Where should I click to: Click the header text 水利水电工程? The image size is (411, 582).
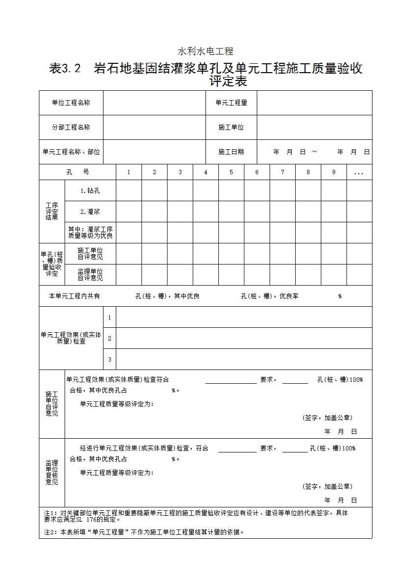tap(205, 51)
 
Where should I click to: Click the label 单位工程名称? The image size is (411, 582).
tap(71, 103)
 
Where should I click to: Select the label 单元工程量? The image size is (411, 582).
tap(231, 103)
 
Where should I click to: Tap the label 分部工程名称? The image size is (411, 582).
tap(71, 127)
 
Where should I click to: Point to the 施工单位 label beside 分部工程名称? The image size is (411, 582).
tap(231, 127)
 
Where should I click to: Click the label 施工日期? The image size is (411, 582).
tap(231, 152)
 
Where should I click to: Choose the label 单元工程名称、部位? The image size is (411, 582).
tap(71, 152)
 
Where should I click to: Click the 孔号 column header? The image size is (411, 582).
tap(77, 172)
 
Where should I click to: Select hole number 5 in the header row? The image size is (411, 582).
tap(231, 172)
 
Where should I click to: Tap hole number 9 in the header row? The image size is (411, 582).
tap(334, 172)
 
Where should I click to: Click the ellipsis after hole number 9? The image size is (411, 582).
tap(359, 173)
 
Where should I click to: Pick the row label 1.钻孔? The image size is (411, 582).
tap(90, 190)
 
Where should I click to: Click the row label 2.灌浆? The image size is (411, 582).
tap(90, 212)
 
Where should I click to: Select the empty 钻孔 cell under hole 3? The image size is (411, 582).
tap(180, 190)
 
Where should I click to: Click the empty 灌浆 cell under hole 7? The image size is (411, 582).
tap(283, 212)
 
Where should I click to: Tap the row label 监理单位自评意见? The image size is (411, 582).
tap(90, 274)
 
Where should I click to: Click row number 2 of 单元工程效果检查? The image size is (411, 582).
tap(109, 338)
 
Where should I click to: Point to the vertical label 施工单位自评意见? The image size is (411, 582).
tap(51, 404)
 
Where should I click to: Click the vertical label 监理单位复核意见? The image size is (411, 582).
tap(51, 473)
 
